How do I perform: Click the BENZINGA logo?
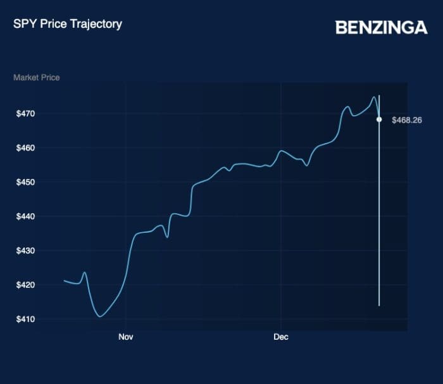381,27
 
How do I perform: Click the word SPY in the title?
23,24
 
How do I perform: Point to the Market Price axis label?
36,77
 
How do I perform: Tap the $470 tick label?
26,114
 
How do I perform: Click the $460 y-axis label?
26,148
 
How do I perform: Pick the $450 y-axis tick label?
26,182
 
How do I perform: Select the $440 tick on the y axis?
26,216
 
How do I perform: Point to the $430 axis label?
26,251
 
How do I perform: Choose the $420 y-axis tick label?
26,285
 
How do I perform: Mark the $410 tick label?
26,319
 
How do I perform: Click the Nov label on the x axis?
125,337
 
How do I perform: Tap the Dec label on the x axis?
281,337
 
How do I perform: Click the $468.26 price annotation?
407,120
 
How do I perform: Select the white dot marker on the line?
379,119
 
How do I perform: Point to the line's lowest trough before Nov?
100,316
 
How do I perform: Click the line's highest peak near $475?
373,97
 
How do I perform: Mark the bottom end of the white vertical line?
379,305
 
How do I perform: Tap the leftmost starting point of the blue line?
65,280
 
